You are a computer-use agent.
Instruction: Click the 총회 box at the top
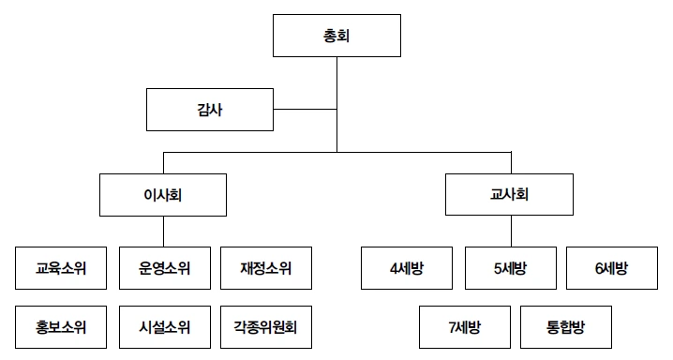point(336,38)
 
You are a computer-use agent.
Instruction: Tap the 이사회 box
point(165,197)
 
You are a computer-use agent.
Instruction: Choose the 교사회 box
point(510,197)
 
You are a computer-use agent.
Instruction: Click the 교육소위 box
point(61,269)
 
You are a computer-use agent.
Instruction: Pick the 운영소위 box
point(163,269)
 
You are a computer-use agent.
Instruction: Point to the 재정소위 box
point(265,269)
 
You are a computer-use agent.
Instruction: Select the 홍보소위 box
point(61,327)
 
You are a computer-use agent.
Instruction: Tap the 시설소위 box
point(163,327)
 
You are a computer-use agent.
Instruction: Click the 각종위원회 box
point(265,327)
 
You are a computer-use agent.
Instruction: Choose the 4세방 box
point(408,269)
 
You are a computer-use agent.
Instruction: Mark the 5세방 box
point(510,269)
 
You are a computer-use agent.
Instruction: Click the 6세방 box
point(611,269)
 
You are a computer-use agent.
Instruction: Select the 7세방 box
point(464,327)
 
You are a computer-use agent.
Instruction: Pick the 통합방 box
point(565,327)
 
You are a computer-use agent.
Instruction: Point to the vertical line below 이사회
point(165,232)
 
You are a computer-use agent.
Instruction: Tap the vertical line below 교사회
point(510,232)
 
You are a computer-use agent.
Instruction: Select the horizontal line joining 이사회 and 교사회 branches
point(422,150)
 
